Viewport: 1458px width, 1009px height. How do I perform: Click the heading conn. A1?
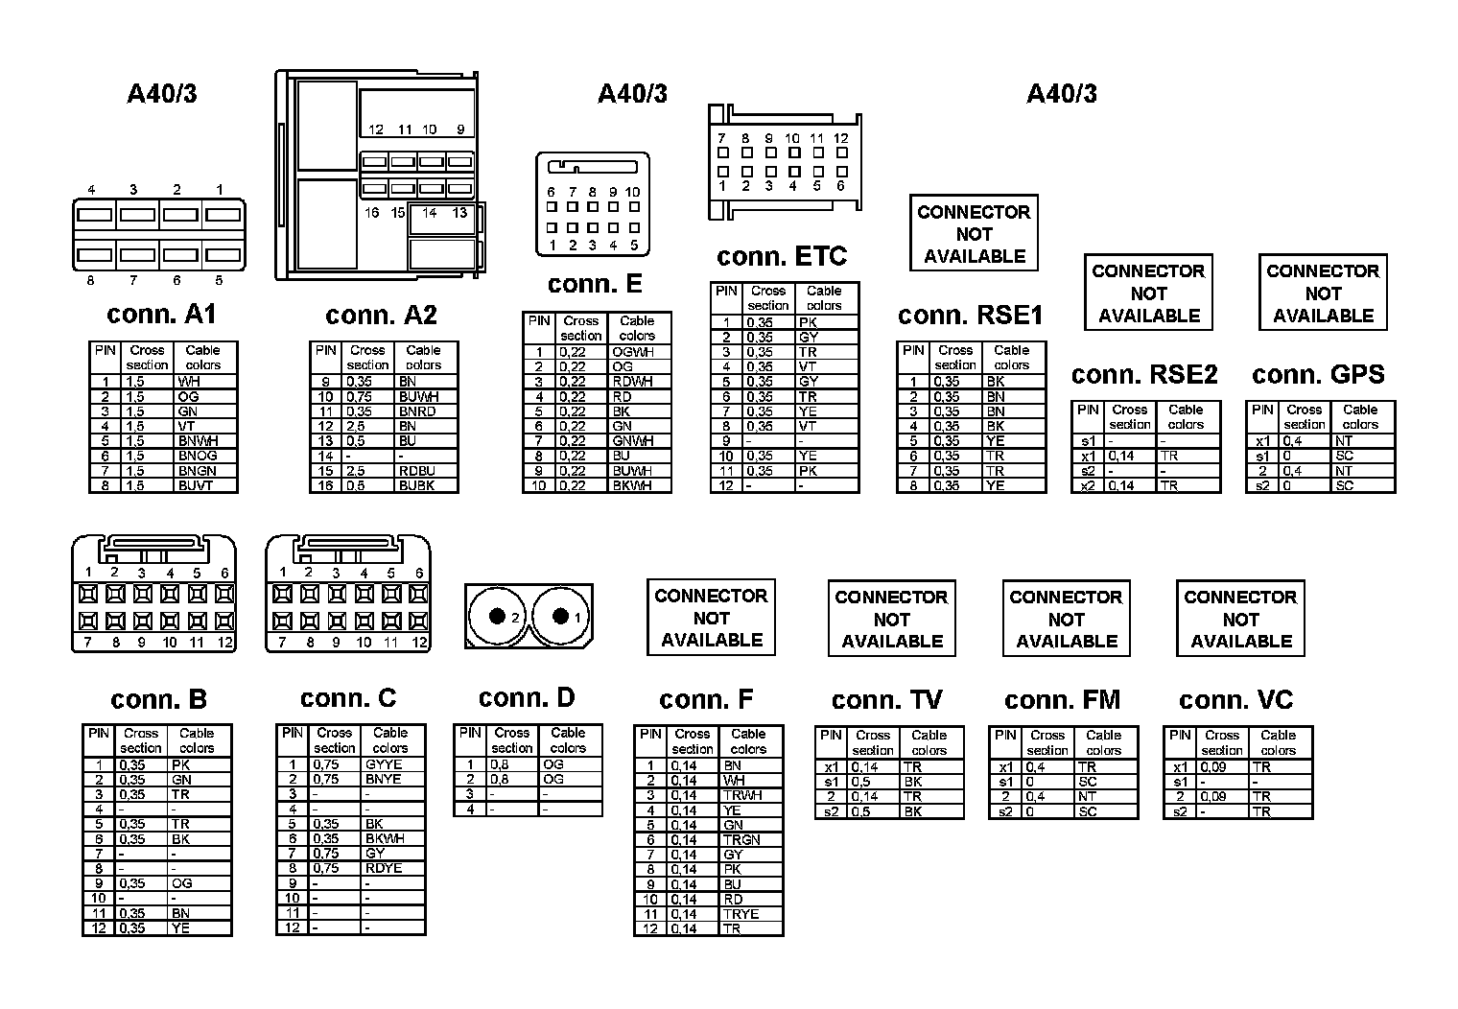pos(161,315)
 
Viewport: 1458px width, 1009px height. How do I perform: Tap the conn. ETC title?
pos(782,257)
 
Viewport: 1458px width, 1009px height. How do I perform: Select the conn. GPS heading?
pos(1318,374)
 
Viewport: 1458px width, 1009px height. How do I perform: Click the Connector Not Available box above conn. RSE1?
pos(974,234)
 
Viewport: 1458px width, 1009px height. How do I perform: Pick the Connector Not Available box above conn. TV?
pos(891,619)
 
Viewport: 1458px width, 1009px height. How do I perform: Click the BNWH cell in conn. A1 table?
pos(198,441)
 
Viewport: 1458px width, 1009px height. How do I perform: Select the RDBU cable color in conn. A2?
pos(417,471)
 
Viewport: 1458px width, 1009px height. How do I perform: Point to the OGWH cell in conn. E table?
pos(633,352)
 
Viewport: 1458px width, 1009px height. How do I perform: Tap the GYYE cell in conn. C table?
pos(384,764)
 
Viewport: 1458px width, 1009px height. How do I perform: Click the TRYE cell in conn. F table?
pos(741,914)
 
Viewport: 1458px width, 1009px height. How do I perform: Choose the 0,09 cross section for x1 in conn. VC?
pos(1213,767)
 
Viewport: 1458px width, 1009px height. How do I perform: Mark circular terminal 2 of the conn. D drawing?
pos(498,618)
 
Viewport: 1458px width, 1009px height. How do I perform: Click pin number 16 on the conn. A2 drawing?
pos(371,213)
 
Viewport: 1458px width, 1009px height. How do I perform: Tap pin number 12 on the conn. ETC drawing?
pos(840,138)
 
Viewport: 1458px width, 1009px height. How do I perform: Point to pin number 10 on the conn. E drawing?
pos(632,192)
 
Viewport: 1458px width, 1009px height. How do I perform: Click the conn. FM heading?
pos(1062,700)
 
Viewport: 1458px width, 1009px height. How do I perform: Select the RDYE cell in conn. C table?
pos(384,868)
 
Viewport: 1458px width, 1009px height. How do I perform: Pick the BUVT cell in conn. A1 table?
pos(196,486)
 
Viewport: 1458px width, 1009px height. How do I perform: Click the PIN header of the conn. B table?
pos(98,734)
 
